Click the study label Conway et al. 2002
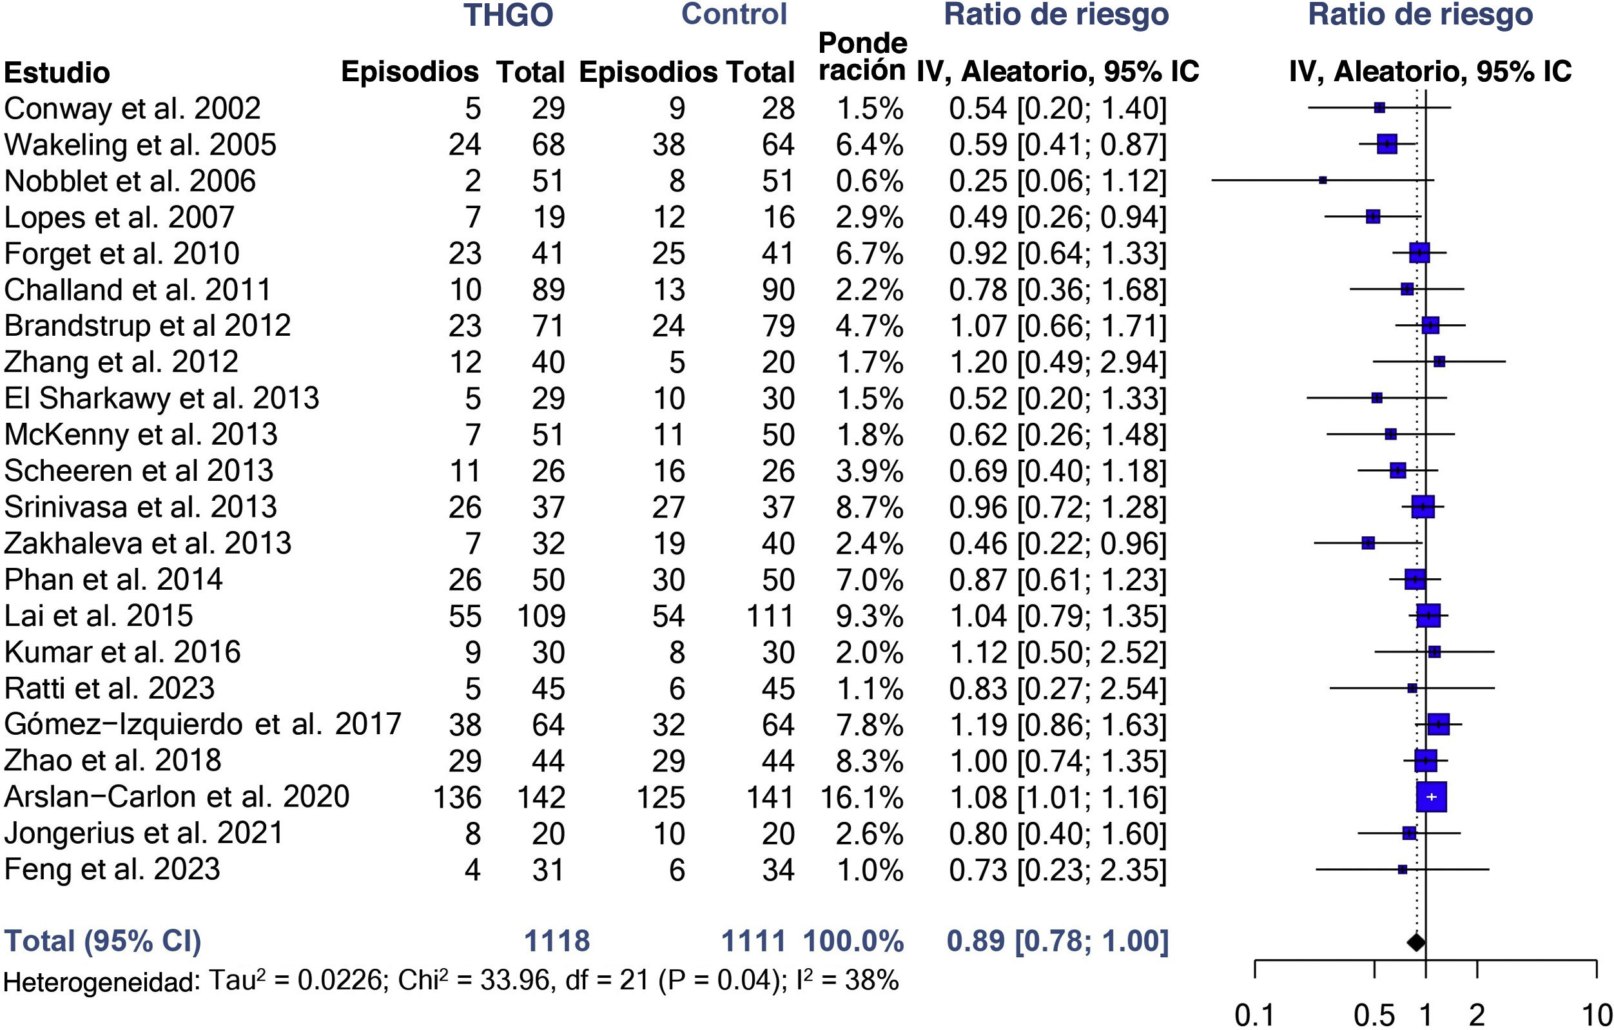(x=132, y=108)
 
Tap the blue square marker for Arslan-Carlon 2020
(x=1431, y=797)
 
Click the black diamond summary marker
(x=1415, y=942)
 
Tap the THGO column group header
(x=508, y=15)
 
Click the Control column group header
(x=734, y=14)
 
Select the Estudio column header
(x=57, y=72)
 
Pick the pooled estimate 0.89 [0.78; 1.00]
(x=1057, y=942)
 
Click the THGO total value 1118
(x=556, y=942)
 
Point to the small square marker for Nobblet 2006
(x=1323, y=180)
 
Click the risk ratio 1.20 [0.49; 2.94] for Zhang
(x=1057, y=362)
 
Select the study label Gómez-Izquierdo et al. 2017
(x=202, y=724)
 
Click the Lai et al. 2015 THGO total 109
(x=541, y=616)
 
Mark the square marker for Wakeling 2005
(x=1386, y=144)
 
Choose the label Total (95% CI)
(x=102, y=942)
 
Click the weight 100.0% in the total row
(x=853, y=942)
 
